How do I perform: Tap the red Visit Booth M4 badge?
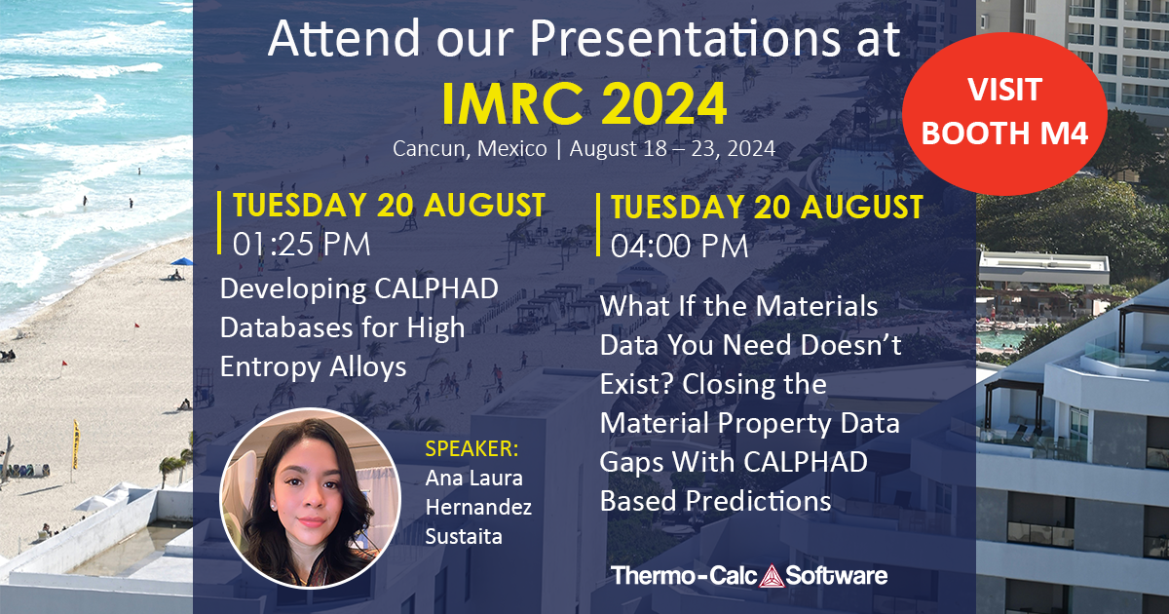click(1004, 112)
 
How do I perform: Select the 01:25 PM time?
click(302, 244)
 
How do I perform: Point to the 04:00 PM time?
click(680, 246)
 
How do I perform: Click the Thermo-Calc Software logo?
click(749, 575)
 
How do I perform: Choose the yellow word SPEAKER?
click(472, 450)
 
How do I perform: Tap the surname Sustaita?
click(465, 535)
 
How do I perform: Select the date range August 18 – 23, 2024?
click(672, 149)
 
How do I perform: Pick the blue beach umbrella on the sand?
click(181, 262)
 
